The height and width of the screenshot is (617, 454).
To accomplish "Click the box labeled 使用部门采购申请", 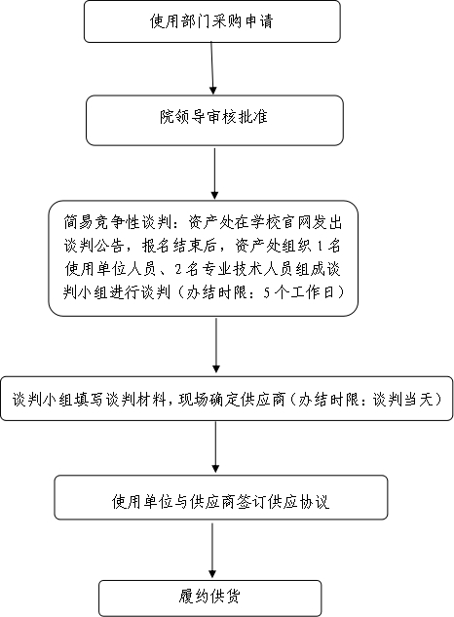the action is (212, 21).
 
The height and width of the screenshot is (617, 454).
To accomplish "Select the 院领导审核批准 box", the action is (214, 121).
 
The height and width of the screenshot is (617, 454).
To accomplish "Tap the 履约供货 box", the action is (209, 598).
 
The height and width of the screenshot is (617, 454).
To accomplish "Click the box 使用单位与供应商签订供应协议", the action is (221, 498).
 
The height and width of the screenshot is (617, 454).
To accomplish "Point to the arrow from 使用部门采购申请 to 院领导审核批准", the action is (212, 68).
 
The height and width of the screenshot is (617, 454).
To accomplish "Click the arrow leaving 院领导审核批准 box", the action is (214, 174).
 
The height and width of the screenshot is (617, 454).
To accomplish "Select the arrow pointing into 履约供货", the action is (212, 551).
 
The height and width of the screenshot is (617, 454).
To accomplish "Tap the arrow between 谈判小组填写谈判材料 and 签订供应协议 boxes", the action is (215, 447).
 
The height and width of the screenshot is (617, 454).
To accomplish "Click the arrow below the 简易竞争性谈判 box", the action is (215, 345).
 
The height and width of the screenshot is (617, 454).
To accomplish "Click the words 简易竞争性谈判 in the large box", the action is (118, 223).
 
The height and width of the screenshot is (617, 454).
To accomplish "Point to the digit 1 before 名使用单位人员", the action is (320, 247).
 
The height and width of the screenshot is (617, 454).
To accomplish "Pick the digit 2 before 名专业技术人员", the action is (178, 270).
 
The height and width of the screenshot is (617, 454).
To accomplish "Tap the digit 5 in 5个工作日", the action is (267, 292).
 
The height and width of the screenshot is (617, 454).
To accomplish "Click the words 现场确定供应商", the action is (231, 400).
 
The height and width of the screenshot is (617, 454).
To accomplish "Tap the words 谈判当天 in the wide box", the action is (403, 400).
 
